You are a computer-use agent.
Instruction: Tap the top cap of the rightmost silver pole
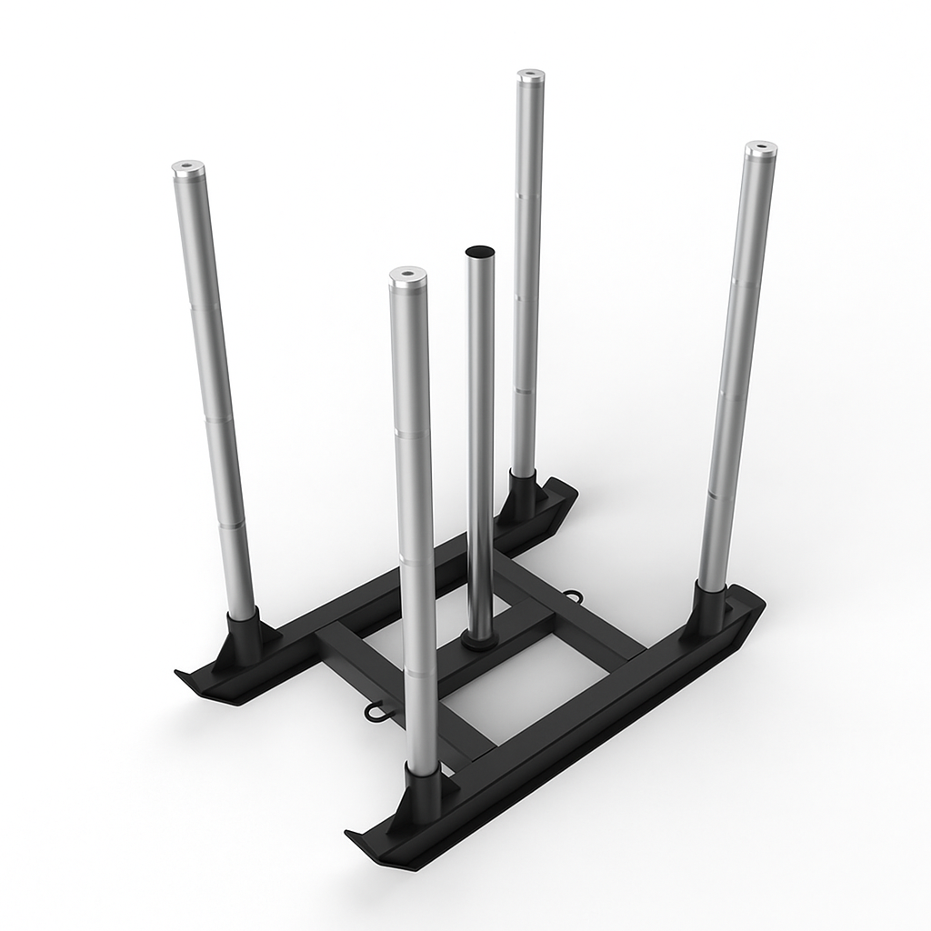pyautogui.click(x=760, y=147)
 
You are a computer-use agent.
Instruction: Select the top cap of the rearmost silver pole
pyautogui.click(x=531, y=75)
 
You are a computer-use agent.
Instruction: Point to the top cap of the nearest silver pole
pyautogui.click(x=407, y=274)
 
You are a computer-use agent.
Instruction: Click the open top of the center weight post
pyautogui.click(x=479, y=250)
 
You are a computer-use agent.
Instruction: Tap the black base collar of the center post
pyautogui.click(x=479, y=640)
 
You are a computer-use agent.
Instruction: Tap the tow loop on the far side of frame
pyautogui.click(x=574, y=596)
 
